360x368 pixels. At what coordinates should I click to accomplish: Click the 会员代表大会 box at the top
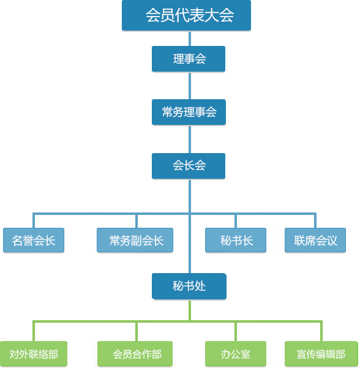coord(186,15)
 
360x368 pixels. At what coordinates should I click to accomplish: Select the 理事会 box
coord(189,59)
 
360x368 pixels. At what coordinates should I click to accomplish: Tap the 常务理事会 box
coord(189,112)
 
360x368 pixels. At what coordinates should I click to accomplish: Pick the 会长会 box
coord(189,166)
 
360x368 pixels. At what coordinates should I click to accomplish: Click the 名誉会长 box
coord(34,240)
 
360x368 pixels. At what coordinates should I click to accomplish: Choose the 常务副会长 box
coord(135,240)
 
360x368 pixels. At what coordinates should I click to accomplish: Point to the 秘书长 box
coord(236,240)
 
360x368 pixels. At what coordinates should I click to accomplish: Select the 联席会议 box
coord(315,240)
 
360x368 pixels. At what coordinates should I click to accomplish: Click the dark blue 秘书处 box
coord(189,286)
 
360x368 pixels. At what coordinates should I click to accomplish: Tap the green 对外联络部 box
coord(34,354)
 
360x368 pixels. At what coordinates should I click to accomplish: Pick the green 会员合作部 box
coord(135,354)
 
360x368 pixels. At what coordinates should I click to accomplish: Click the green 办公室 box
coord(236,354)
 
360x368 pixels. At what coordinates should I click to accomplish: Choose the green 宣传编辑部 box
coord(321,354)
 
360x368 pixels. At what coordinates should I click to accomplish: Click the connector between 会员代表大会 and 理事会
coord(190,39)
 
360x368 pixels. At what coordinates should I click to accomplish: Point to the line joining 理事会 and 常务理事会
coord(190,86)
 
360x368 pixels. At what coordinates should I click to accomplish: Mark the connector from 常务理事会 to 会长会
coord(190,139)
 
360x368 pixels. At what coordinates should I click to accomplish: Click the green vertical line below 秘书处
coord(190,310)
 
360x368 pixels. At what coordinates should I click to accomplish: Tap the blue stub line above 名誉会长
coord(34,220)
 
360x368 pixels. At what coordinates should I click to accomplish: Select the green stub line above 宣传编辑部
coord(321,331)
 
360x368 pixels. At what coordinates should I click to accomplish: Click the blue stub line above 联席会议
coord(315,220)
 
